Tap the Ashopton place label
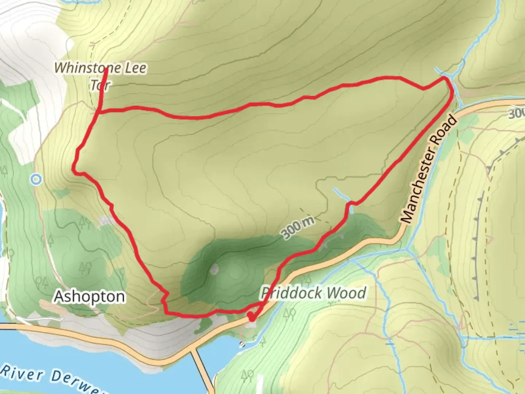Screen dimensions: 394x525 pos(89,297)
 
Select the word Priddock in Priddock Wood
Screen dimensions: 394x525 pos(291,293)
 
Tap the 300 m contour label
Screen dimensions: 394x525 pos(297,228)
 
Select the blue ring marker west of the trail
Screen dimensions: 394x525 pos(36,179)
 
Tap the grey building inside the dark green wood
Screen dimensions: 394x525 pos(214,270)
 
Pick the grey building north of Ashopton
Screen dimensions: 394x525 pos(106,220)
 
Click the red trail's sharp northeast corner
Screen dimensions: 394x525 pos(445,78)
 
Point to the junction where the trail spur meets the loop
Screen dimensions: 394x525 pos(99,112)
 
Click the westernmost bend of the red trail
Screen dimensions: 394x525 pos(74,170)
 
